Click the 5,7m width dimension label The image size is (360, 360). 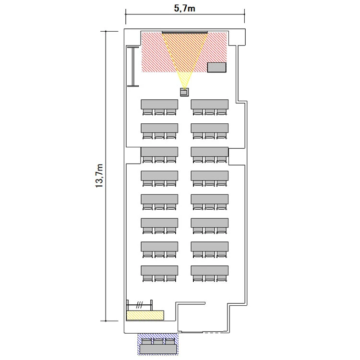(185, 8)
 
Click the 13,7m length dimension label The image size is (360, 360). (99, 176)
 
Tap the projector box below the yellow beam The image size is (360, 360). (184, 92)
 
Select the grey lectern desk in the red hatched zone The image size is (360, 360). (217, 67)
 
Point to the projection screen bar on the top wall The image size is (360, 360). (185, 32)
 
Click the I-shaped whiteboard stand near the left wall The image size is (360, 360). (133, 67)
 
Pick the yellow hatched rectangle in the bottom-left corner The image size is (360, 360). (145, 315)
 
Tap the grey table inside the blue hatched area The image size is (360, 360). (159, 349)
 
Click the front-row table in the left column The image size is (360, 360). (159, 105)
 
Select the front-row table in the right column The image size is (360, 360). (210, 105)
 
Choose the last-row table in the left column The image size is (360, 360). (159, 271)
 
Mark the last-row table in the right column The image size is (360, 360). (210, 271)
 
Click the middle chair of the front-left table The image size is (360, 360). (159, 112)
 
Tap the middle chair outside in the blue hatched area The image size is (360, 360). (158, 341)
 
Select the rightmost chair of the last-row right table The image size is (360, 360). (222, 278)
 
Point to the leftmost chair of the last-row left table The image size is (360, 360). (148, 278)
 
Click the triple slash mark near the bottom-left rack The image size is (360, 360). (139, 305)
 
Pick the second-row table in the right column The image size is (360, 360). (210, 128)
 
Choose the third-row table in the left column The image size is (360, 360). (159, 152)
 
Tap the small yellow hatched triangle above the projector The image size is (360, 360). (184, 79)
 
